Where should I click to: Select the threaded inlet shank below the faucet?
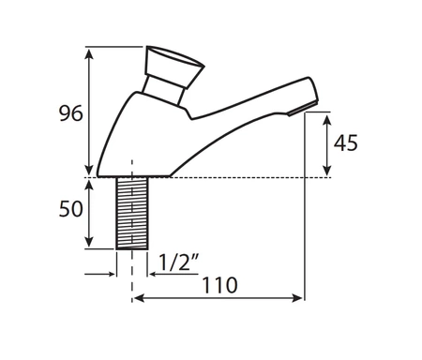point(130,213)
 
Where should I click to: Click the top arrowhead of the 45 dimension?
point(328,115)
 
